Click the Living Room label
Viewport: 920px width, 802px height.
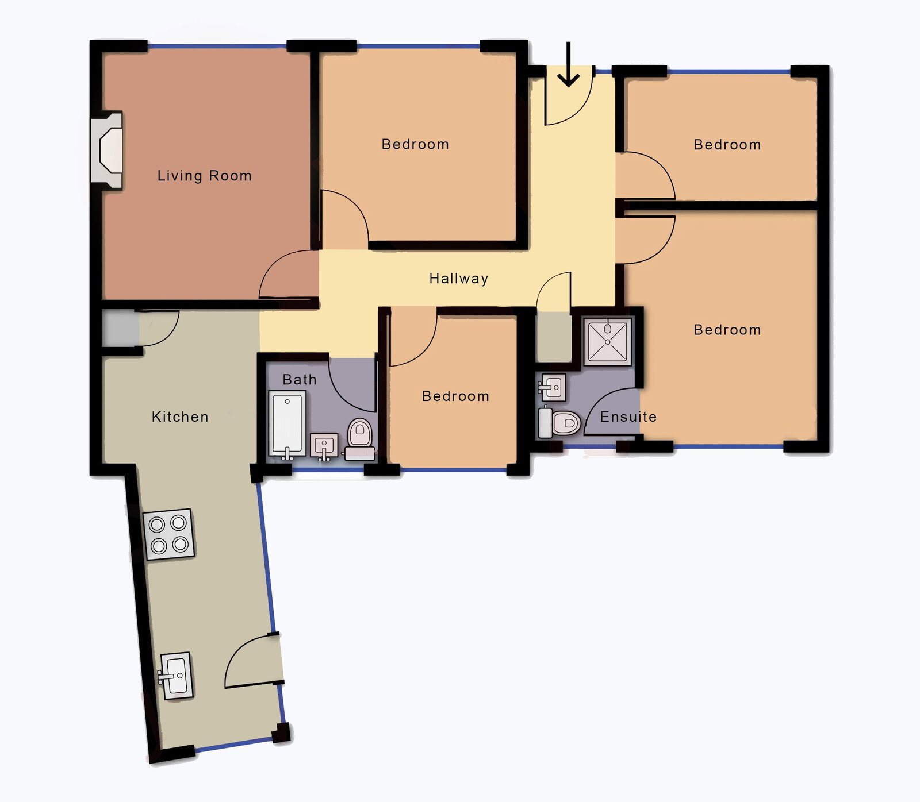click(205, 176)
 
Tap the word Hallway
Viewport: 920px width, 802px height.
click(459, 279)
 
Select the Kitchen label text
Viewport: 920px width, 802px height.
click(180, 417)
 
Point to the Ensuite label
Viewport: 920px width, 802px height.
click(628, 417)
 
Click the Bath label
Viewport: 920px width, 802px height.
click(300, 380)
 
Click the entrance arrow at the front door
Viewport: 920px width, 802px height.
click(569, 64)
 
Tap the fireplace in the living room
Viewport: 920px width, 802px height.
click(107, 151)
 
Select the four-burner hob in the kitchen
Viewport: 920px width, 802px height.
click(168, 534)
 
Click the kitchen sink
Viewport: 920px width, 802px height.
click(176, 676)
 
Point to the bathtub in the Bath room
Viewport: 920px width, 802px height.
click(287, 425)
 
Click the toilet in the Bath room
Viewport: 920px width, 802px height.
click(360, 439)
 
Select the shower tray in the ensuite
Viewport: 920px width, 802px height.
click(608, 341)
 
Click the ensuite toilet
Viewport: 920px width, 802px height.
click(560, 422)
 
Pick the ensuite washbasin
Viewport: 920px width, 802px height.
click(553, 388)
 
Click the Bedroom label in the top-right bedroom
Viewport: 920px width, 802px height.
click(727, 145)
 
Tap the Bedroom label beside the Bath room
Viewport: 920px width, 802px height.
click(455, 396)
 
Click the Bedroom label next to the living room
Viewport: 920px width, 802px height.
click(415, 144)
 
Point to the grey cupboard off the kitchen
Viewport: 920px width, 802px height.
click(120, 329)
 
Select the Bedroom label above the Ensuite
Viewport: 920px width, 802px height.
click(727, 330)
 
